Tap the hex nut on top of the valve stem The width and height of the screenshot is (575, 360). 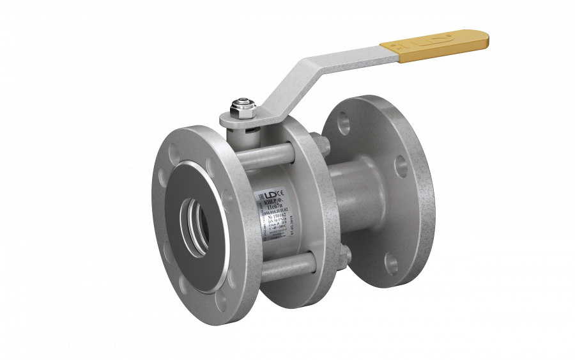tap(245, 106)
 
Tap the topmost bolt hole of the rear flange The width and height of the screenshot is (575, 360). tap(344, 122)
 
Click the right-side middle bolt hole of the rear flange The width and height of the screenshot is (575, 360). tap(401, 167)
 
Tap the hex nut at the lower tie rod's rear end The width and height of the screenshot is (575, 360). tap(346, 256)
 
